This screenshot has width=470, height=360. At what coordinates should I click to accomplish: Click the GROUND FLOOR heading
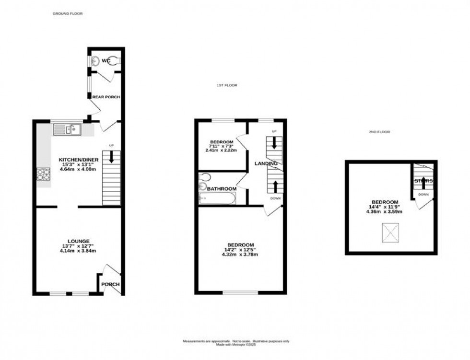pos(68,14)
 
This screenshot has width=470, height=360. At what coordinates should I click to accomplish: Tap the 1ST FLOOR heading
pos(226,85)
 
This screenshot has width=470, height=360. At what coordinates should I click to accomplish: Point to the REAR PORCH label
pos(106,97)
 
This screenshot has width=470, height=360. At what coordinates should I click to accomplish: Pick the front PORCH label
pos(110,284)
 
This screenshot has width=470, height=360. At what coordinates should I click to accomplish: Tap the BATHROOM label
pos(222,189)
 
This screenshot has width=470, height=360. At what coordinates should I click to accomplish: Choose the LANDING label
pos(266,163)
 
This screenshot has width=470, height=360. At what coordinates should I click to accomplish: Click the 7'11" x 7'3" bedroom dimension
pos(222,146)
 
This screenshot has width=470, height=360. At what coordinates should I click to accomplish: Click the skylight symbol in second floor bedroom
pos(389,233)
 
